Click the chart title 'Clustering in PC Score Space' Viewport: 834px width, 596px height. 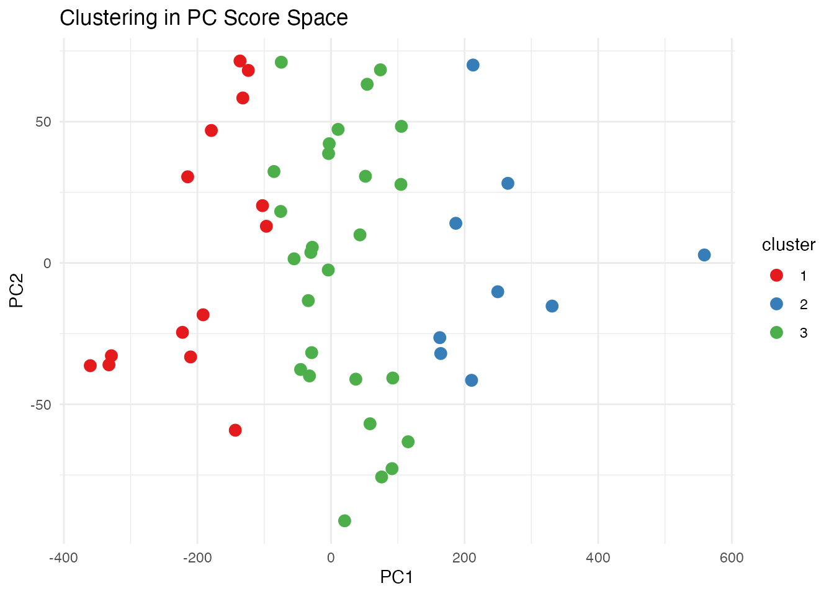[x=204, y=17]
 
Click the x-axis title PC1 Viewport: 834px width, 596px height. [x=397, y=577]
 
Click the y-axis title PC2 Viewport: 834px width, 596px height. [x=17, y=292]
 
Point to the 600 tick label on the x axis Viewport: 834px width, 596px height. [x=732, y=558]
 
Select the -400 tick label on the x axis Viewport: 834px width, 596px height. [x=63, y=558]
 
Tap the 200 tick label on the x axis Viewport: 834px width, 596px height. [x=464, y=558]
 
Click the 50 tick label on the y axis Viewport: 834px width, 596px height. [x=43, y=122]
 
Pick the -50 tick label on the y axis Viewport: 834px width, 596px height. [x=41, y=404]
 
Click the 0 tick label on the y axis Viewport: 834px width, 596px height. [x=47, y=263]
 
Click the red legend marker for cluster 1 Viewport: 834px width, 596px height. [x=776, y=275]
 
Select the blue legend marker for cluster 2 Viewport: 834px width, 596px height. [x=776, y=304]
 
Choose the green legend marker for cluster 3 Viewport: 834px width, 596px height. [x=776, y=332]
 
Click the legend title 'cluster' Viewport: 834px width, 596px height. [x=788, y=245]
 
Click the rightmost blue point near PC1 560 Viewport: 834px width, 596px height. [x=704, y=255]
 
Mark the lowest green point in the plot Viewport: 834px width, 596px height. [x=344, y=521]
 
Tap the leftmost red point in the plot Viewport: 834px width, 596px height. [x=91, y=366]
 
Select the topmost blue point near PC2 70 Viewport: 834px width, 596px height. [x=473, y=65]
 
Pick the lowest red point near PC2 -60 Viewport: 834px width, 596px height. [x=235, y=430]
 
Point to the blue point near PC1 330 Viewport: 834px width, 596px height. [x=552, y=306]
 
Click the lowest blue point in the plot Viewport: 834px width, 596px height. [x=472, y=381]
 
